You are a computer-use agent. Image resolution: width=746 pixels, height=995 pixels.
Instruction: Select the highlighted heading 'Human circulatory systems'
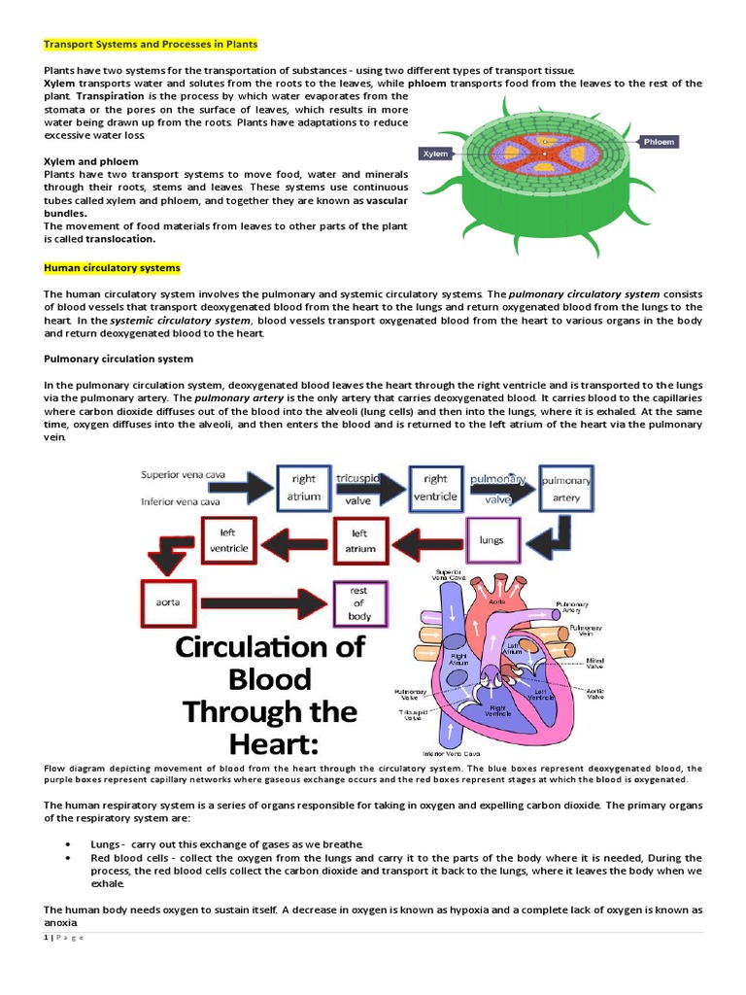click(112, 267)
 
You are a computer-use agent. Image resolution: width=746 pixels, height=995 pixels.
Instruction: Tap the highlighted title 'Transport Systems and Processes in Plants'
click(151, 45)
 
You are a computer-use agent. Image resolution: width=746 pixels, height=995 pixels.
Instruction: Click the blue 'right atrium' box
click(303, 487)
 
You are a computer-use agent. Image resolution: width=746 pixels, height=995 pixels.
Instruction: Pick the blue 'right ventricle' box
click(435, 487)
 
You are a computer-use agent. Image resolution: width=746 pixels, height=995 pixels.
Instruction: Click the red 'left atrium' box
click(359, 540)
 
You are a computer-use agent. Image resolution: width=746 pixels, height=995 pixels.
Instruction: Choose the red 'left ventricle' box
click(228, 540)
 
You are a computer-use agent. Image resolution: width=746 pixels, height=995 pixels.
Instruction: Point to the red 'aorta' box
click(168, 601)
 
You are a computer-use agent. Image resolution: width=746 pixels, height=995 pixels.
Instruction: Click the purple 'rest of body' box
click(359, 602)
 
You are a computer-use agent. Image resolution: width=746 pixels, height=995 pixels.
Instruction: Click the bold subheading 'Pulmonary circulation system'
click(119, 359)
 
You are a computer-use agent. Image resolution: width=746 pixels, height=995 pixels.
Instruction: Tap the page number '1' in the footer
click(46, 937)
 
